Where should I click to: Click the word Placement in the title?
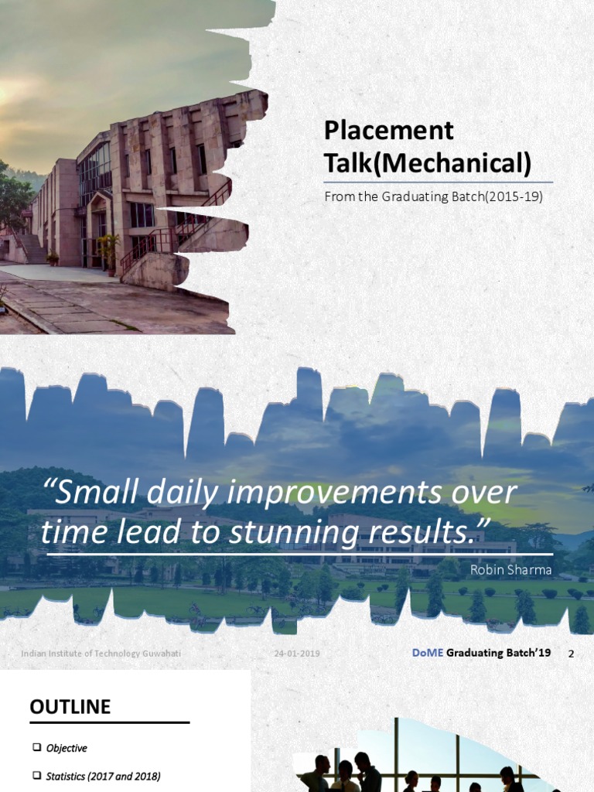pos(388,131)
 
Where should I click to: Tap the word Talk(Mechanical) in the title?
pos(428,163)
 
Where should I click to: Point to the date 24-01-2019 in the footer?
pos(296,654)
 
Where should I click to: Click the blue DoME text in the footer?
pos(428,653)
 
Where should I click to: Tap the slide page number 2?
pos(571,654)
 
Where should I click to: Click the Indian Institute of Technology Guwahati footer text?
pos(101,654)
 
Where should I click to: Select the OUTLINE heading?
pos(70,707)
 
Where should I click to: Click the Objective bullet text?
pos(67,748)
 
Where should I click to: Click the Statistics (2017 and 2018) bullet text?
pos(103,776)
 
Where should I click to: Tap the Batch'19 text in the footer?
pos(526,653)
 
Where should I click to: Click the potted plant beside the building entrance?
pos(108,249)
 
